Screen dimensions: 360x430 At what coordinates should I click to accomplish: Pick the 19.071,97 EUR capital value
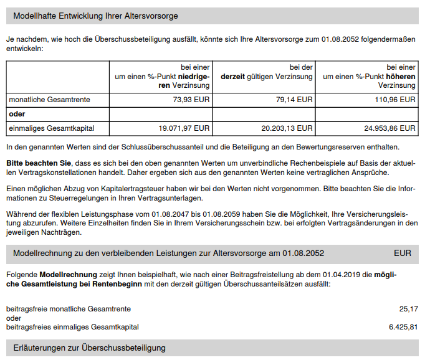click(x=184, y=128)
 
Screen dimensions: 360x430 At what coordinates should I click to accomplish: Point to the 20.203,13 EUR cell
click(x=287, y=128)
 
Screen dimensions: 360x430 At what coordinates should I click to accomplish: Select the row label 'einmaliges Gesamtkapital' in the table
click(x=51, y=128)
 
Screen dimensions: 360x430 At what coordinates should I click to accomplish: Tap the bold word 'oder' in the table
click(x=17, y=114)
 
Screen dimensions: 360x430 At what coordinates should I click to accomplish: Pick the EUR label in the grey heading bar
click(x=403, y=253)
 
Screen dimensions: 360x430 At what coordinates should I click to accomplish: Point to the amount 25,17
click(x=408, y=308)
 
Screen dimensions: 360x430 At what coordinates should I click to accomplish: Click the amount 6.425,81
click(x=403, y=327)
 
